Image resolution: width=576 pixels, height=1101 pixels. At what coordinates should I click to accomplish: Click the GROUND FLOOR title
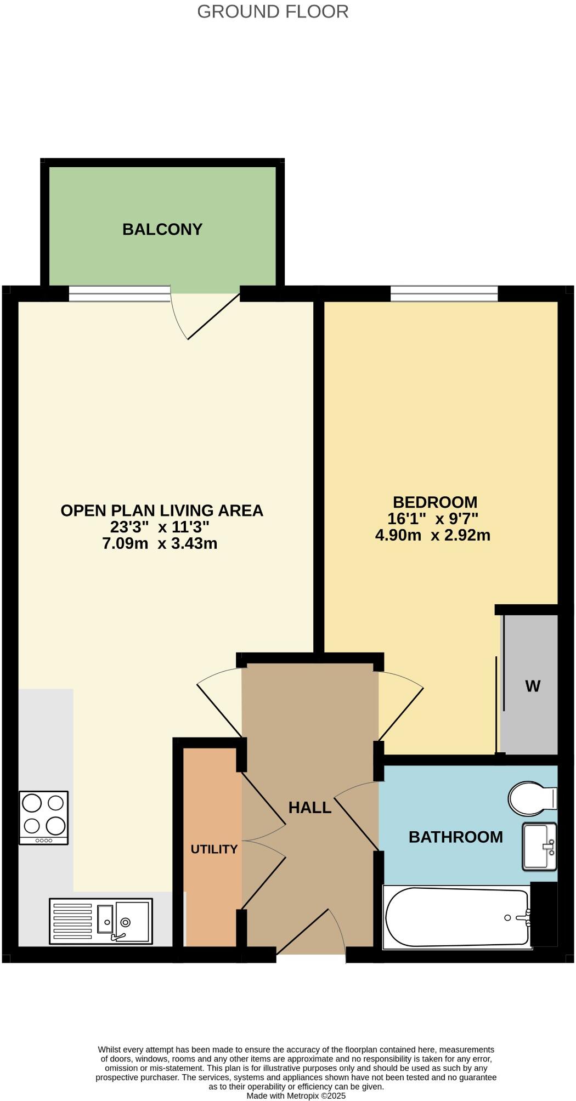[273, 12]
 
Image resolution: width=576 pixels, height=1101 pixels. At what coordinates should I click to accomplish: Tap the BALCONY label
[162, 229]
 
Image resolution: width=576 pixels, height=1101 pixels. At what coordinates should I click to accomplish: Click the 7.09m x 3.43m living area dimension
[160, 544]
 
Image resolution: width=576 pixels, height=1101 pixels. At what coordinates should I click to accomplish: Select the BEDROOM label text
[435, 502]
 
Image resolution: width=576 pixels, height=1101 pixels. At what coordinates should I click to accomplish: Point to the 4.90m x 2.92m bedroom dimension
[432, 535]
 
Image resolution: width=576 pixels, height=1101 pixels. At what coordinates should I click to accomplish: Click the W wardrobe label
[532, 686]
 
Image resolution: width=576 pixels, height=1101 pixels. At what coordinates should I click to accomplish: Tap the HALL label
[309, 807]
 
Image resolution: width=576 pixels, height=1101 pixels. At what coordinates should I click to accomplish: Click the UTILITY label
[214, 849]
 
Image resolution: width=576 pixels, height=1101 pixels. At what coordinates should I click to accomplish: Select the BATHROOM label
[455, 837]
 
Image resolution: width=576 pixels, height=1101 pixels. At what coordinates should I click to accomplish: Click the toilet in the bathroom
[531, 798]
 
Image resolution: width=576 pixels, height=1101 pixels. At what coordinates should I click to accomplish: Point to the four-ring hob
[43, 817]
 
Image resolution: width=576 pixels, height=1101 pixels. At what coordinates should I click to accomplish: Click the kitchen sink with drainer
[101, 921]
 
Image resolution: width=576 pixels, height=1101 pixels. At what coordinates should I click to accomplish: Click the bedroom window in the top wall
[444, 294]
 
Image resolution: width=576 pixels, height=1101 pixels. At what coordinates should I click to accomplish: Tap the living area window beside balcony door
[120, 294]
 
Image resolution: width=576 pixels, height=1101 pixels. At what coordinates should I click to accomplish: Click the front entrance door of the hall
[311, 932]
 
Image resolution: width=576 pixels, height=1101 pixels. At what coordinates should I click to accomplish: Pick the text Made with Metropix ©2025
[296, 1096]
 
